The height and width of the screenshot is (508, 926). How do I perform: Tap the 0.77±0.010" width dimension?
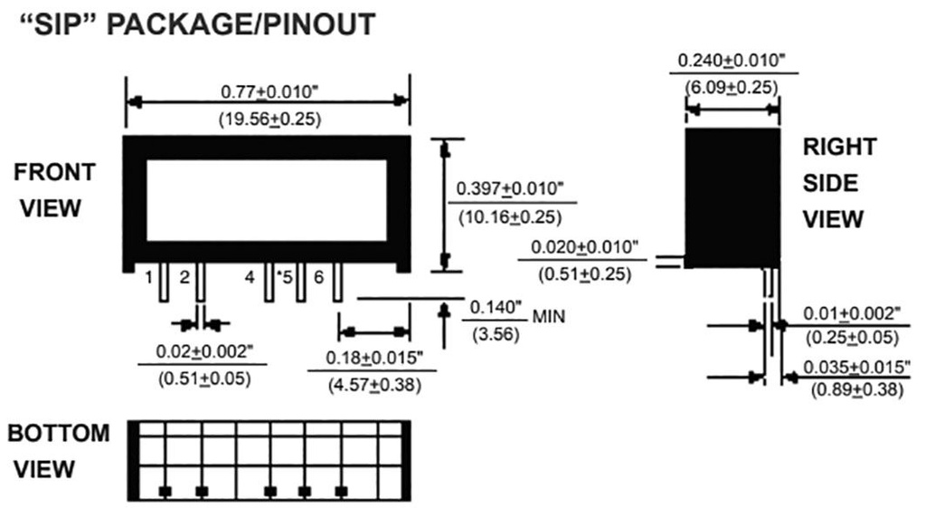pos(269,92)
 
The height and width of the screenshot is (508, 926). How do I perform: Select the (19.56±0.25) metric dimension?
pos(269,120)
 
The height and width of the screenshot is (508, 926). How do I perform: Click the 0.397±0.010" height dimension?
pos(510,188)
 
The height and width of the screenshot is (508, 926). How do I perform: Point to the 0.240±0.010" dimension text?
pos(732,62)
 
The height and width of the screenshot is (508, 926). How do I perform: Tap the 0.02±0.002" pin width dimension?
pos(194,350)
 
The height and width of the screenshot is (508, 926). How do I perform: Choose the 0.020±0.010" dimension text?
pos(585,246)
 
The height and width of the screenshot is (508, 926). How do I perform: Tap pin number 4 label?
pos(250,278)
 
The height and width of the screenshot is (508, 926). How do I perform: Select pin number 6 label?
pos(318,278)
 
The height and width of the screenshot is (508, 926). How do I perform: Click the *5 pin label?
pos(284,278)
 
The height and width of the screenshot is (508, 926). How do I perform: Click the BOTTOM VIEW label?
pos(57,451)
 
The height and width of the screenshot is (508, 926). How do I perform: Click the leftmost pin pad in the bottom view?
pos(165,491)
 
